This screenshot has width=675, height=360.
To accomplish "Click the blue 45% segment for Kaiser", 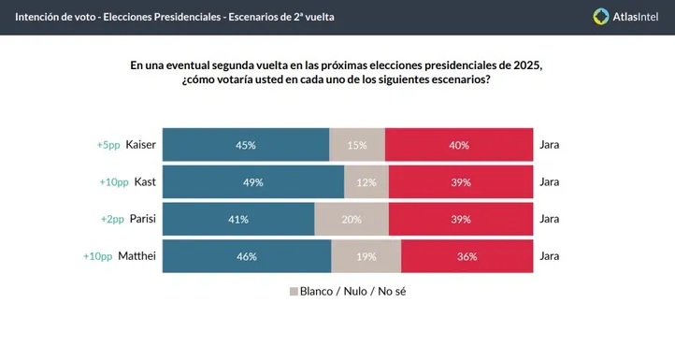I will pos(246,145).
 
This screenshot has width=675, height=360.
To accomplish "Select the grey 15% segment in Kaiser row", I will pos(357,145).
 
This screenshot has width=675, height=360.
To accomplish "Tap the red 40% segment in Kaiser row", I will pos(459,145).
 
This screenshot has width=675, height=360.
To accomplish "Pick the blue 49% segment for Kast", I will pos(253,182).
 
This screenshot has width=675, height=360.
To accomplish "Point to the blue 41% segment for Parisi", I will pos(238,220).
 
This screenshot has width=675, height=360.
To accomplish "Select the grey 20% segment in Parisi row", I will pos(352,220).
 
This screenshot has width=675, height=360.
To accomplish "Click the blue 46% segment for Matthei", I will pos(248,256).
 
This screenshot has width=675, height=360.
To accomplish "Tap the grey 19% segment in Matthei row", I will pos(366,256).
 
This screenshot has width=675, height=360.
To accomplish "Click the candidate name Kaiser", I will pos(140,145).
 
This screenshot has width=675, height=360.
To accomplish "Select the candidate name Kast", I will pos(145,182).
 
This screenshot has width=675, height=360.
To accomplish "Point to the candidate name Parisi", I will pos(141,220).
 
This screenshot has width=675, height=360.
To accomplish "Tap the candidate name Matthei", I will pos(136,256).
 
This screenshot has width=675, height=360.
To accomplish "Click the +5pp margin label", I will pos(108,145).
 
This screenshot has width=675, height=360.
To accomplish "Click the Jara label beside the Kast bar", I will pos(550,182).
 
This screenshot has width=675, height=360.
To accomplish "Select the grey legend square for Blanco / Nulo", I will pos(293,291).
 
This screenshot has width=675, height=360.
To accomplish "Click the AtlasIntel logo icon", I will pos(602,16).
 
